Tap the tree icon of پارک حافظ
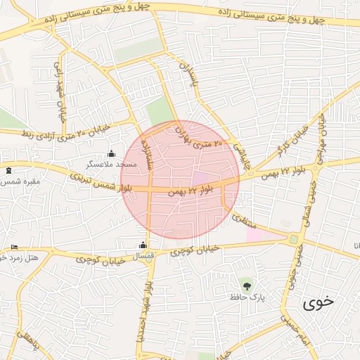[x=246, y=285]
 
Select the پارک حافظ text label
[x=246, y=297]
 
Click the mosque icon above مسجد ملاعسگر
[x=110, y=154]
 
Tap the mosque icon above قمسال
[x=143, y=245]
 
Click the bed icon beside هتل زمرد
[x=15, y=247]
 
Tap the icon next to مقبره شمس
[x=8, y=171]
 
